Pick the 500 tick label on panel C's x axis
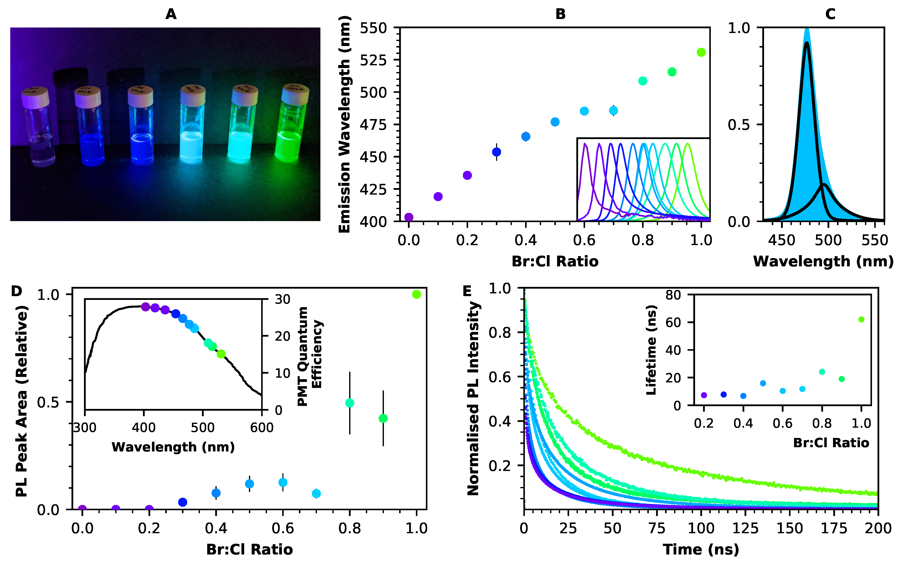(x=828, y=240)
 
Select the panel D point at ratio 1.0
(x=416, y=294)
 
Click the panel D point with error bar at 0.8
(x=349, y=403)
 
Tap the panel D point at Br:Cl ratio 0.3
(x=182, y=502)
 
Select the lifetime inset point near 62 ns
(x=861, y=319)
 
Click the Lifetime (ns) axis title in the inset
(x=651, y=350)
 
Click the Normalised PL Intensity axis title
(x=473, y=398)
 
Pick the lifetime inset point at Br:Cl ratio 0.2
(x=704, y=395)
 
